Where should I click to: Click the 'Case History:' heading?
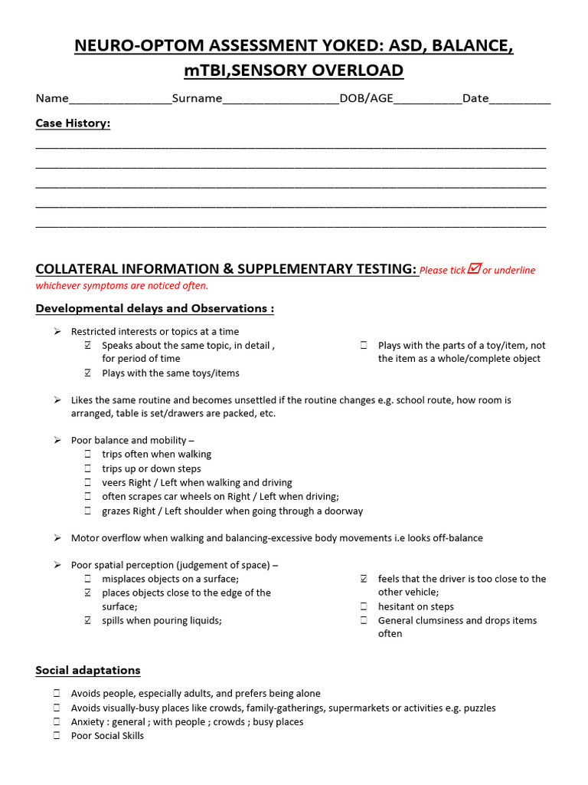(x=73, y=123)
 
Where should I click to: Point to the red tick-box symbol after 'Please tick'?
(x=474, y=268)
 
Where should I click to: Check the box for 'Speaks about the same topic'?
(x=88, y=346)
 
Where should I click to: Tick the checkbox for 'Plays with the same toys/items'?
(x=88, y=373)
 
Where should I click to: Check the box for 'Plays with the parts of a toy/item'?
(x=364, y=346)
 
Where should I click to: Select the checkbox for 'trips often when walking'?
(x=88, y=455)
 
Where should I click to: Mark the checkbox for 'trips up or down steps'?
(x=88, y=469)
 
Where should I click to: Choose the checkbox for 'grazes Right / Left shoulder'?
(x=88, y=511)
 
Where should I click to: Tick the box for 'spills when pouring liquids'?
(x=88, y=621)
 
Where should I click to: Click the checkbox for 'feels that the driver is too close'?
(x=364, y=579)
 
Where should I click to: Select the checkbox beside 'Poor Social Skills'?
(x=57, y=736)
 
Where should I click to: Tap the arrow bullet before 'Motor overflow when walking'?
(x=57, y=538)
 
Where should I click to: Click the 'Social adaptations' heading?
(x=88, y=671)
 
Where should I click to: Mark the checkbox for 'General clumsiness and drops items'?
(x=364, y=621)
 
